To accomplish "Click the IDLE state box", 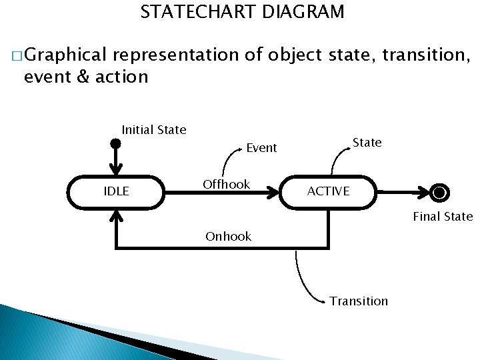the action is [117, 192].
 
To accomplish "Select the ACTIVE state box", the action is [329, 191].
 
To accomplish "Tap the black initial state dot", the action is [116, 144].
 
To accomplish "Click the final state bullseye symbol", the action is [439, 193].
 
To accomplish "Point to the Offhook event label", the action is [227, 185].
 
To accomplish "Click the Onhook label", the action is [229, 236].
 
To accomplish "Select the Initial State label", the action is [154, 130].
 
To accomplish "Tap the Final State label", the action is [443, 216].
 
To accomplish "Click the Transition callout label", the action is [359, 301].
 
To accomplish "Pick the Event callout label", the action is [261, 148].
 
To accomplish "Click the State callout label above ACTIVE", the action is [367, 143].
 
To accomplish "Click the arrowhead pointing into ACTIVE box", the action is [273, 192].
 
